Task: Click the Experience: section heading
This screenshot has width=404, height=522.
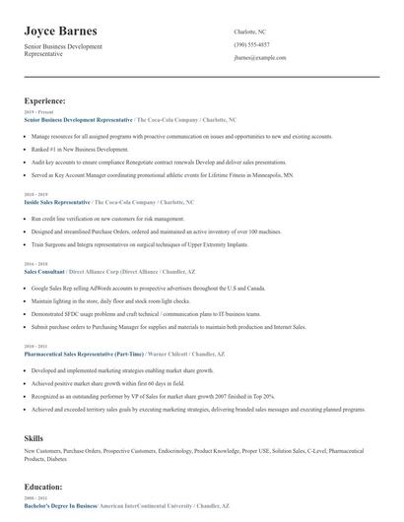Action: point(45,100)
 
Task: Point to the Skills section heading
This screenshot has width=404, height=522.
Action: point(34,436)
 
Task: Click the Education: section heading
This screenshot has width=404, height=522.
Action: point(44,486)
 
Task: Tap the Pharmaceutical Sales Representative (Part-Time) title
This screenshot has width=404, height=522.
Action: point(90,353)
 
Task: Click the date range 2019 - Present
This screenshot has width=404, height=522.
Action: point(37,112)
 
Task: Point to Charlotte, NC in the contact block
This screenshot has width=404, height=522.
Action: point(249,32)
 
